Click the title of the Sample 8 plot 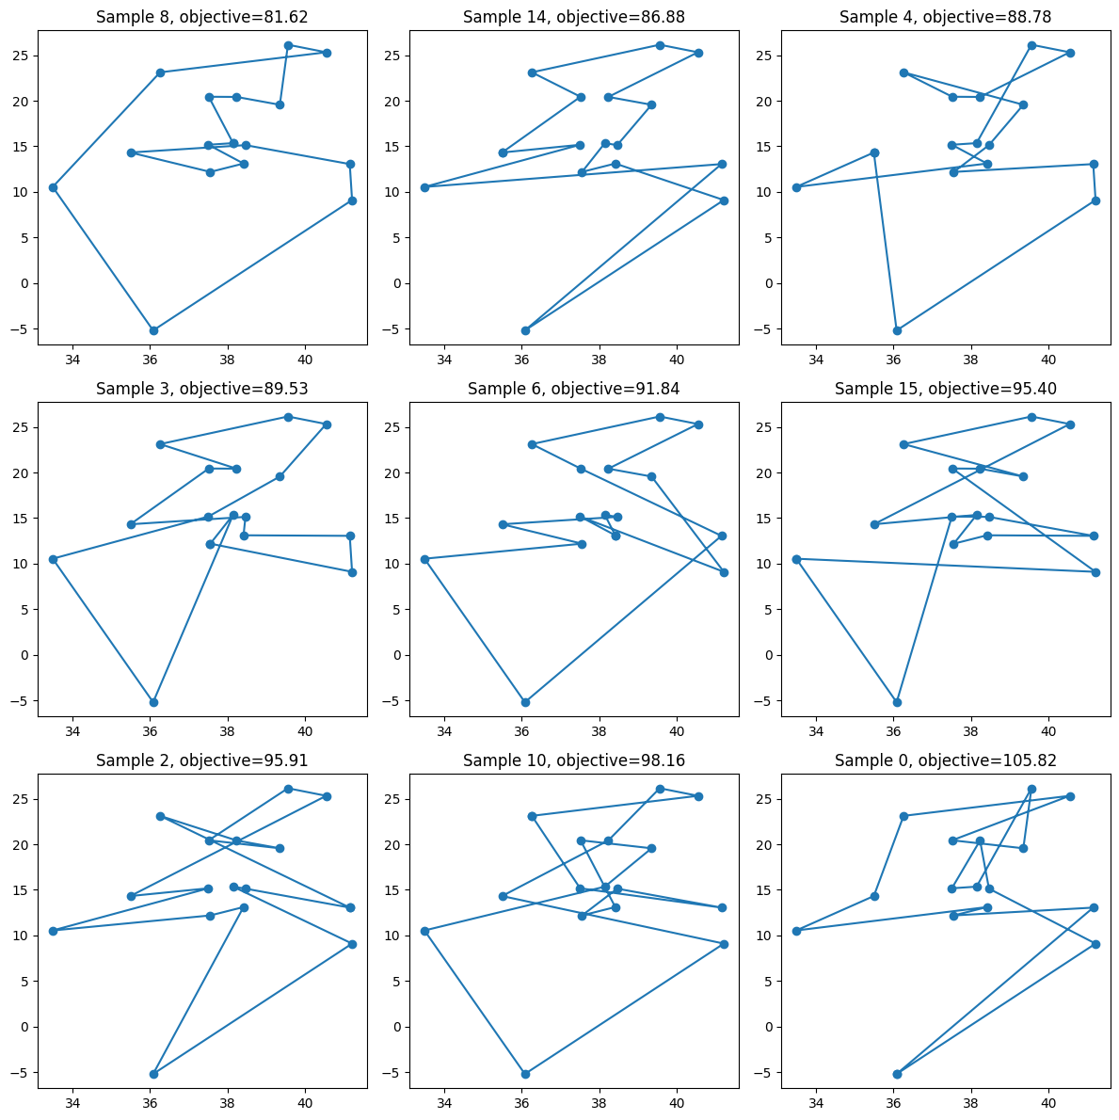pyautogui.click(x=202, y=17)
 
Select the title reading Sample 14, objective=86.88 pyautogui.click(x=574, y=17)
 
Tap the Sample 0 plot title pyautogui.click(x=946, y=760)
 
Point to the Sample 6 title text pyautogui.click(x=574, y=389)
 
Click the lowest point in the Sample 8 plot pyautogui.click(x=153, y=330)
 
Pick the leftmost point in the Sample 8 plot pyautogui.click(x=53, y=187)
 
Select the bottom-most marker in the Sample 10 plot pyautogui.click(x=525, y=1074)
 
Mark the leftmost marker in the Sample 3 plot pyautogui.click(x=53, y=559)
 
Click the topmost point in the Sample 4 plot pyautogui.click(x=1031, y=45)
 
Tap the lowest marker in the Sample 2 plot pyautogui.click(x=153, y=1074)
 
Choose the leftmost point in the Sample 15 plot pyautogui.click(x=796, y=559)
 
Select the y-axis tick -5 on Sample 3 pyautogui.click(x=23, y=701)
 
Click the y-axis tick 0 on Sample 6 pyautogui.click(x=399, y=655)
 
